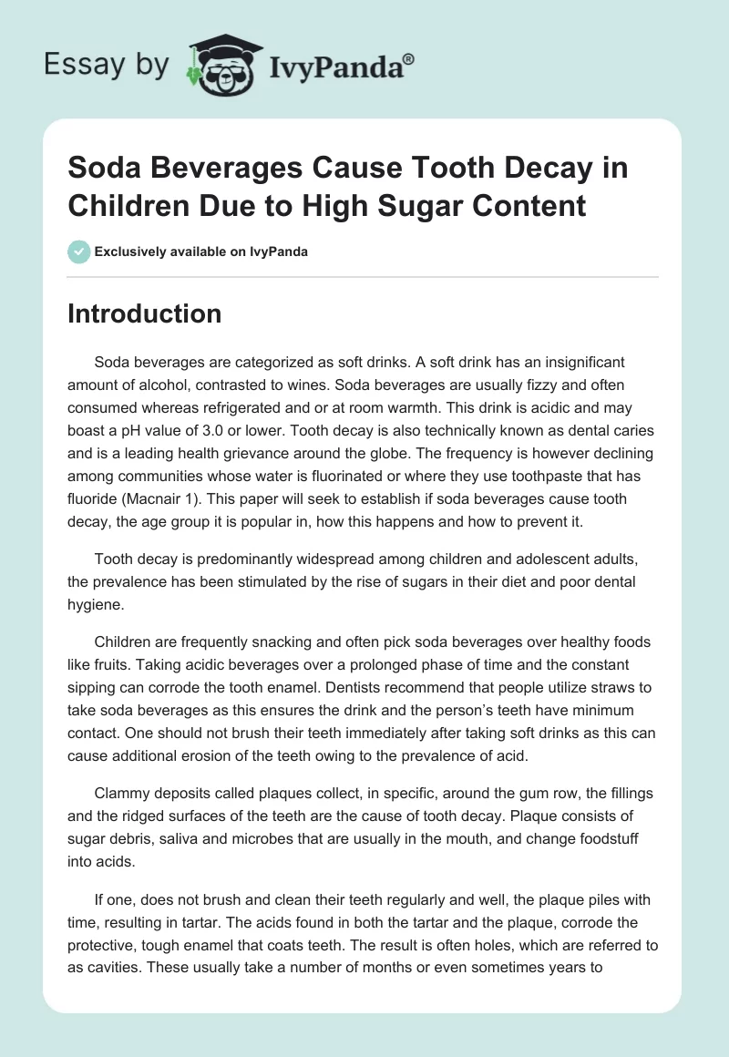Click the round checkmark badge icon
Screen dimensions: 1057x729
[78, 251]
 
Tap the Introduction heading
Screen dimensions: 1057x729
[145, 313]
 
